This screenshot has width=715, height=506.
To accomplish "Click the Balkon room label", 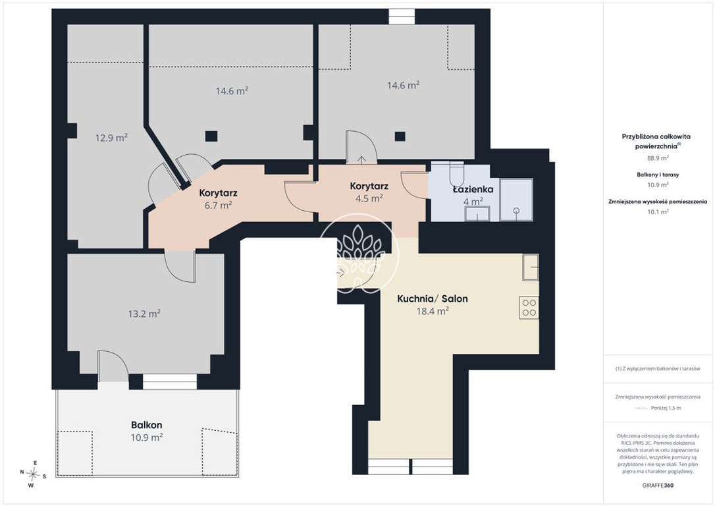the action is click(x=146, y=425).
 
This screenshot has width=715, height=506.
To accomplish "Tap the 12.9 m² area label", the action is click(x=111, y=137).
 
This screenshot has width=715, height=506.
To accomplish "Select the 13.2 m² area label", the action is click(x=144, y=314).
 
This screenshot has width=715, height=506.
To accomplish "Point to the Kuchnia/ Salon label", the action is click(x=433, y=299).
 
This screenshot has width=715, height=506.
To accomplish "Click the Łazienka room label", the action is click(x=473, y=189).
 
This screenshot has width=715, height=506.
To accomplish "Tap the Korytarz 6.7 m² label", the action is click(x=218, y=199).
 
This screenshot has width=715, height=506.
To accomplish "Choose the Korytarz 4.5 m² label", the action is click(x=369, y=192).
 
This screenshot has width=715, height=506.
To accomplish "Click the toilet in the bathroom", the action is click(x=456, y=171).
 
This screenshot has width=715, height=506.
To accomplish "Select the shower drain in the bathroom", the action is click(x=516, y=211).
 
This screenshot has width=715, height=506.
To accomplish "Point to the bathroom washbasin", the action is click(x=477, y=213).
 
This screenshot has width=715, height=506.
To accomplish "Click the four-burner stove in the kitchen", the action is click(x=529, y=308).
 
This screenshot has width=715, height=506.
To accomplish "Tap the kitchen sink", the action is click(x=530, y=267).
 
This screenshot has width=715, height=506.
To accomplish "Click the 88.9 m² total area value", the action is click(x=658, y=158).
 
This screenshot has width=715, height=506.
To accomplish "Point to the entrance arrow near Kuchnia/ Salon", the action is click(x=341, y=274).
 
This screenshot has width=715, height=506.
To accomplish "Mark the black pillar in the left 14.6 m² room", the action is click(x=211, y=136).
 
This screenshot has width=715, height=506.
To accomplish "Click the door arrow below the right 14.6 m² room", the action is click(x=361, y=159).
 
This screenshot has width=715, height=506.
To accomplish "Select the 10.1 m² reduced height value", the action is click(x=658, y=211).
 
